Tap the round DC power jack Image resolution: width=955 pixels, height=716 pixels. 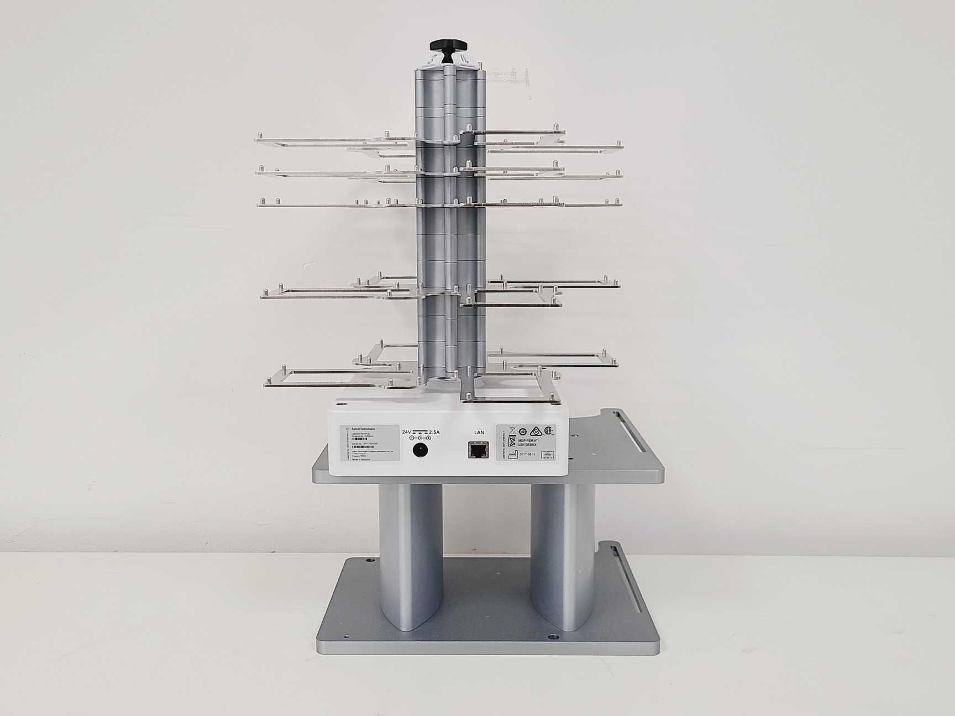click(421, 450)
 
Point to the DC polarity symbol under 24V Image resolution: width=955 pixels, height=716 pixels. click(421, 438)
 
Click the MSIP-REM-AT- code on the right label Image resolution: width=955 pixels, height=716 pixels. click(528, 441)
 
